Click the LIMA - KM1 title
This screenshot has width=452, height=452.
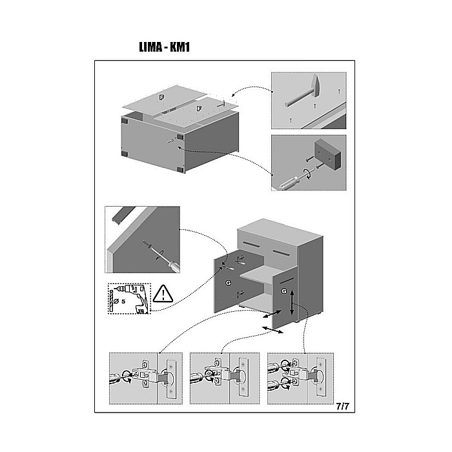click(164, 47)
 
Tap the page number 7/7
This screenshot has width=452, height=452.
click(342, 406)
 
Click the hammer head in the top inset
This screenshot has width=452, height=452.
click(316, 85)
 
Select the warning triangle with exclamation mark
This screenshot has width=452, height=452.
click(163, 293)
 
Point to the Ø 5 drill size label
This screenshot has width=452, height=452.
click(119, 302)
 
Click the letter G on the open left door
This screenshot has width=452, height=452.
click(228, 283)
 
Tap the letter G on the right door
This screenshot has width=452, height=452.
click(284, 291)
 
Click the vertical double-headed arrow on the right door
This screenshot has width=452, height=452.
click(292, 302)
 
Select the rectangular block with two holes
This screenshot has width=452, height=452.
click(328, 154)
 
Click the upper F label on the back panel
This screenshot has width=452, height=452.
click(161, 98)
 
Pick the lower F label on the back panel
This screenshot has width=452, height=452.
click(199, 108)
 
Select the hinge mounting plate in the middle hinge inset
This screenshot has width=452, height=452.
click(243, 377)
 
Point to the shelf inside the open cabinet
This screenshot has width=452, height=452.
click(256, 272)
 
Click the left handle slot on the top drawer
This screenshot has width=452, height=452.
click(252, 244)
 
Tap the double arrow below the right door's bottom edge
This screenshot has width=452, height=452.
click(272, 330)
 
